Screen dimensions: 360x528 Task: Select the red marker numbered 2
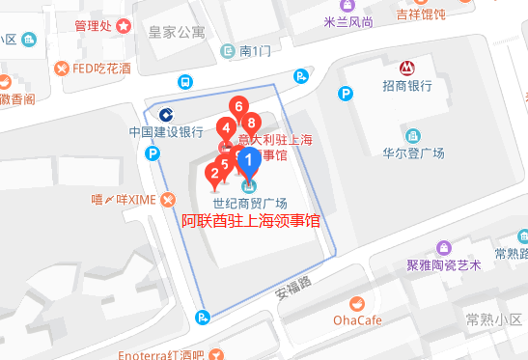[x=214, y=175]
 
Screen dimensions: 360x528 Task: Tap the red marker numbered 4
[x=225, y=127]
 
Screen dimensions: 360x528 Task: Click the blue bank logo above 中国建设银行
[x=166, y=113]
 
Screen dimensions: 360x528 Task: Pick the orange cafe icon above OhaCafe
[x=358, y=301]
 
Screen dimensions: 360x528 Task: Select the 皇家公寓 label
[x=177, y=32]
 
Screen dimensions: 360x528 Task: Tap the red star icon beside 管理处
[x=124, y=26]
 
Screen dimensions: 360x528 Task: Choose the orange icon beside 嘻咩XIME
[x=169, y=200]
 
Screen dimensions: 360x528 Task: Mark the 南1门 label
[x=258, y=50]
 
